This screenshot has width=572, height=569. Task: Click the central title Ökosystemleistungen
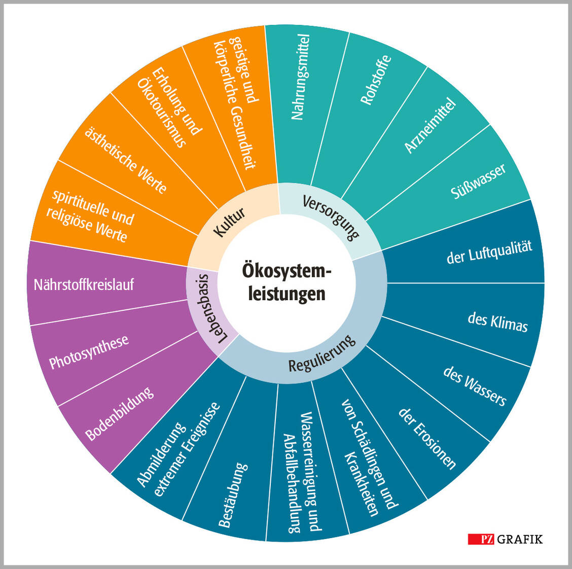click(286, 282)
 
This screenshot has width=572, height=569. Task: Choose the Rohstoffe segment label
click(376, 80)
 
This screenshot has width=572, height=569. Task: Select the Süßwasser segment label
click(478, 181)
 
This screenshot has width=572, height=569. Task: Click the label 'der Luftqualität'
click(489, 252)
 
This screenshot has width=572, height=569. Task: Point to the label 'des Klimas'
click(497, 322)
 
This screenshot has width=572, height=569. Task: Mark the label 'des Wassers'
click(475, 386)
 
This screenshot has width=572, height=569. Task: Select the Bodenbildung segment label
click(119, 414)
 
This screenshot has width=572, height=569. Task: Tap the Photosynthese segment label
click(89, 351)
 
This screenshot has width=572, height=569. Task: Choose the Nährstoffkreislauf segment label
click(84, 284)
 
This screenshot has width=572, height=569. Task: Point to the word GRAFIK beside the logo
click(520, 539)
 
